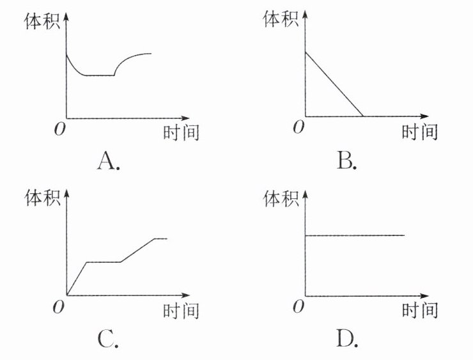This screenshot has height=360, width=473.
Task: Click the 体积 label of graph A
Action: point(41,21)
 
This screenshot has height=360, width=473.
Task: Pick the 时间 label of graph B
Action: point(419,133)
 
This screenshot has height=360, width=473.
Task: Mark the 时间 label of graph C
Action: point(181,311)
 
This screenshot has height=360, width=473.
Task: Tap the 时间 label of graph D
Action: point(419,311)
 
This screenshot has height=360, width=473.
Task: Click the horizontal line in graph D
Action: point(355,235)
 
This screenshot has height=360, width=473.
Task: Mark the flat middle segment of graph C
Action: point(104,262)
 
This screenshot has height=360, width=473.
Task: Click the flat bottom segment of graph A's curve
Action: point(100,75)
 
